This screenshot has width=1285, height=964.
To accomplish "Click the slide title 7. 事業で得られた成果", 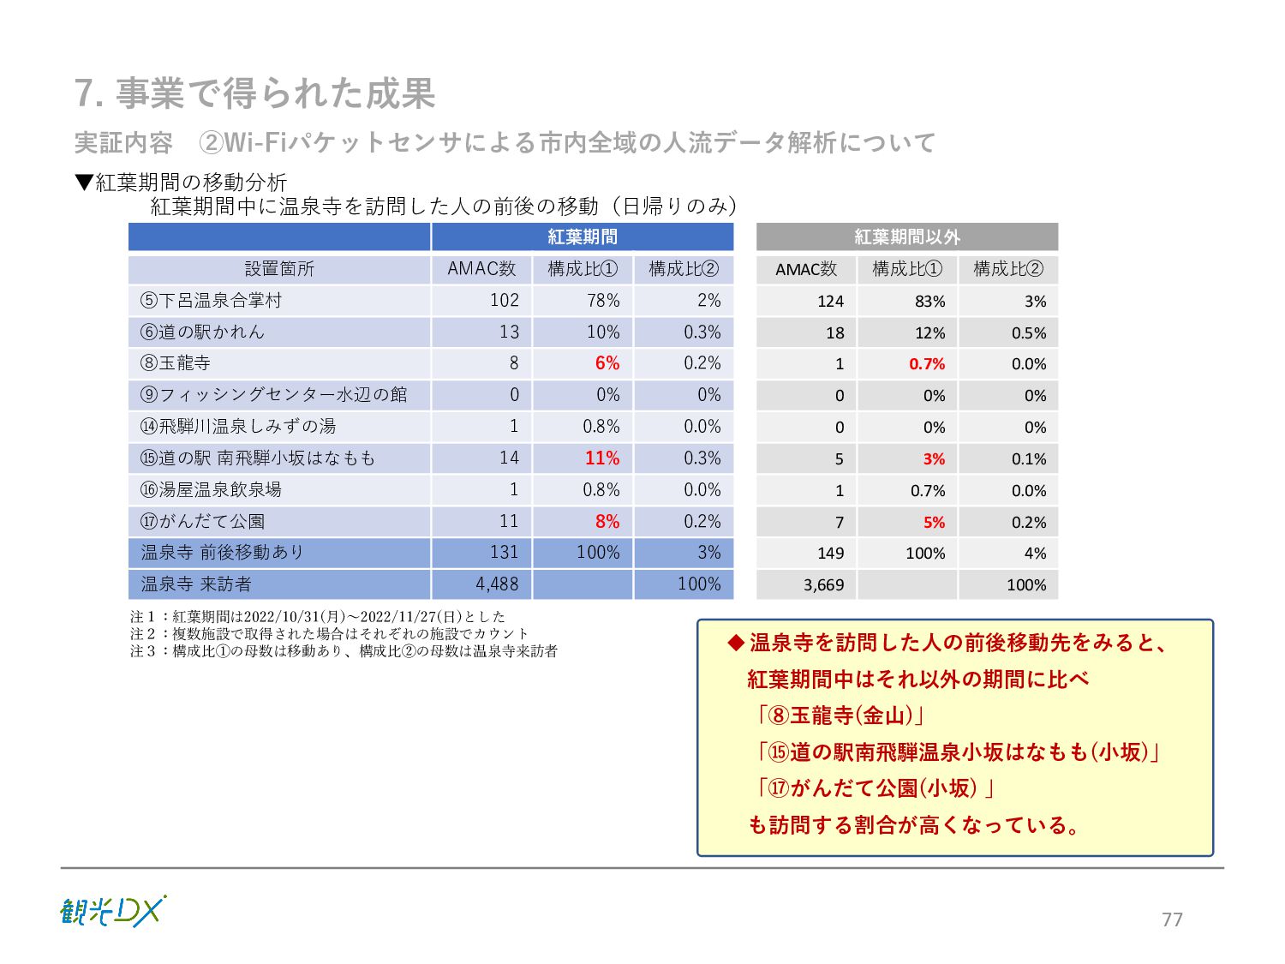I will [254, 93].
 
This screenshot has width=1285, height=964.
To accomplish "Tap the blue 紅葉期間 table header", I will [583, 237].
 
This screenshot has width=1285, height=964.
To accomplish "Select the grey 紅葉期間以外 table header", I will [906, 237].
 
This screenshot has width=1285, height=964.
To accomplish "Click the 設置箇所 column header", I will [279, 269].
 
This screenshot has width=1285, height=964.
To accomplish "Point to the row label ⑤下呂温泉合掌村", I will [211, 301].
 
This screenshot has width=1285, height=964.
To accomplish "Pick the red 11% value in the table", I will [602, 458].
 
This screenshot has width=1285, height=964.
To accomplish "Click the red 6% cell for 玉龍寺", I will [607, 363].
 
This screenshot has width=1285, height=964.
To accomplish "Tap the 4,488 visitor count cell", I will [497, 584].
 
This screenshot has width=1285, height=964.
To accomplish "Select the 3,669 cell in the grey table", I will [823, 585].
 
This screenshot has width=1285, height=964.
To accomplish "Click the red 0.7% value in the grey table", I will [927, 364].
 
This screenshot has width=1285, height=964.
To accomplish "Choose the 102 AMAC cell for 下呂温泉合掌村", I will [505, 301].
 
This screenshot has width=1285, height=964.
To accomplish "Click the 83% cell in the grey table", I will [929, 302].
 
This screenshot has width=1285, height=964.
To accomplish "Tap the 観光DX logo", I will [112, 912].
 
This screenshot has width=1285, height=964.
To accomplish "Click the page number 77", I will [1172, 919].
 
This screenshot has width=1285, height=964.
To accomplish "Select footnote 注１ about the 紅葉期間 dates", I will [318, 616].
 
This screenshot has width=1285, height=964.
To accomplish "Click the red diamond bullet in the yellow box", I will [735, 643].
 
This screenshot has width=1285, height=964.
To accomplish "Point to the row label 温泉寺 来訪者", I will [196, 584].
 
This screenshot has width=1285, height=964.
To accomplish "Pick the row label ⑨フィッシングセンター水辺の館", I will [273, 395].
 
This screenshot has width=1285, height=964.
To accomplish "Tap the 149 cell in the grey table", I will [830, 554].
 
